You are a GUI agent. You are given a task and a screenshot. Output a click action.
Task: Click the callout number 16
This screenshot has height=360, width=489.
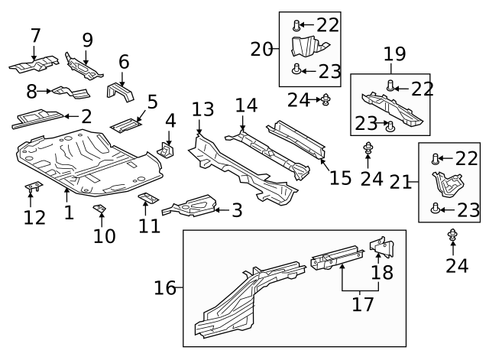(164, 288)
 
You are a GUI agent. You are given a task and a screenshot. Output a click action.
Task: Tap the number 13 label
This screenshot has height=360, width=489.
(203, 109)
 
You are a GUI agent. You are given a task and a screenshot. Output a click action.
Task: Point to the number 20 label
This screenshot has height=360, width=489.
(261, 50)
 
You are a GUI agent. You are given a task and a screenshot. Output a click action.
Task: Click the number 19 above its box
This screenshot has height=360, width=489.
(394, 54)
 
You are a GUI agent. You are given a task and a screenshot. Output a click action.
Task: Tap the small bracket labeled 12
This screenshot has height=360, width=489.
(34, 186)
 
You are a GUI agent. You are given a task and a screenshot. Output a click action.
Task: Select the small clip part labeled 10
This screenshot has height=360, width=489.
(99, 209)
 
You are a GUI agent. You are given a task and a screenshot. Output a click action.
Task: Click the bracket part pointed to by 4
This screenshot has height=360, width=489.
(167, 149)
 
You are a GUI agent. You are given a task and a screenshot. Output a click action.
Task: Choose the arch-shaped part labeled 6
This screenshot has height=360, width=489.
(121, 91)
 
